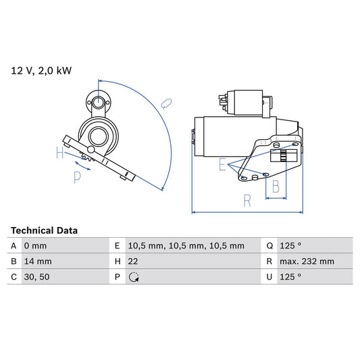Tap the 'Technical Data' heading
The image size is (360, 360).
(x=44, y=230)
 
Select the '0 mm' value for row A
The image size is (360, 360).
(x=35, y=246)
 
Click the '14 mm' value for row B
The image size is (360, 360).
(x=37, y=261)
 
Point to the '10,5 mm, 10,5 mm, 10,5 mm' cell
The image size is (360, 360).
(x=186, y=246)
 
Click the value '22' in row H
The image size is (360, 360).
(x=133, y=261)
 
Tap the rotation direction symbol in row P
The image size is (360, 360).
(x=133, y=277)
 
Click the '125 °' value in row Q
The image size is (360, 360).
(x=292, y=246)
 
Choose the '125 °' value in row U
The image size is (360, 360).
(x=292, y=277)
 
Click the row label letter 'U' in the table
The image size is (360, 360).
(x=269, y=277)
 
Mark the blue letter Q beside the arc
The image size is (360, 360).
(x=167, y=103)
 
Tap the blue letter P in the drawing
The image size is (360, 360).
(x=77, y=177)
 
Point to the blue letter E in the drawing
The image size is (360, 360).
(x=222, y=164)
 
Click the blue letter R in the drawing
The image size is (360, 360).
(x=248, y=200)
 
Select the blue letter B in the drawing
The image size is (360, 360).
(x=275, y=187)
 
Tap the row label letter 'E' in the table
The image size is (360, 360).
(x=117, y=246)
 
